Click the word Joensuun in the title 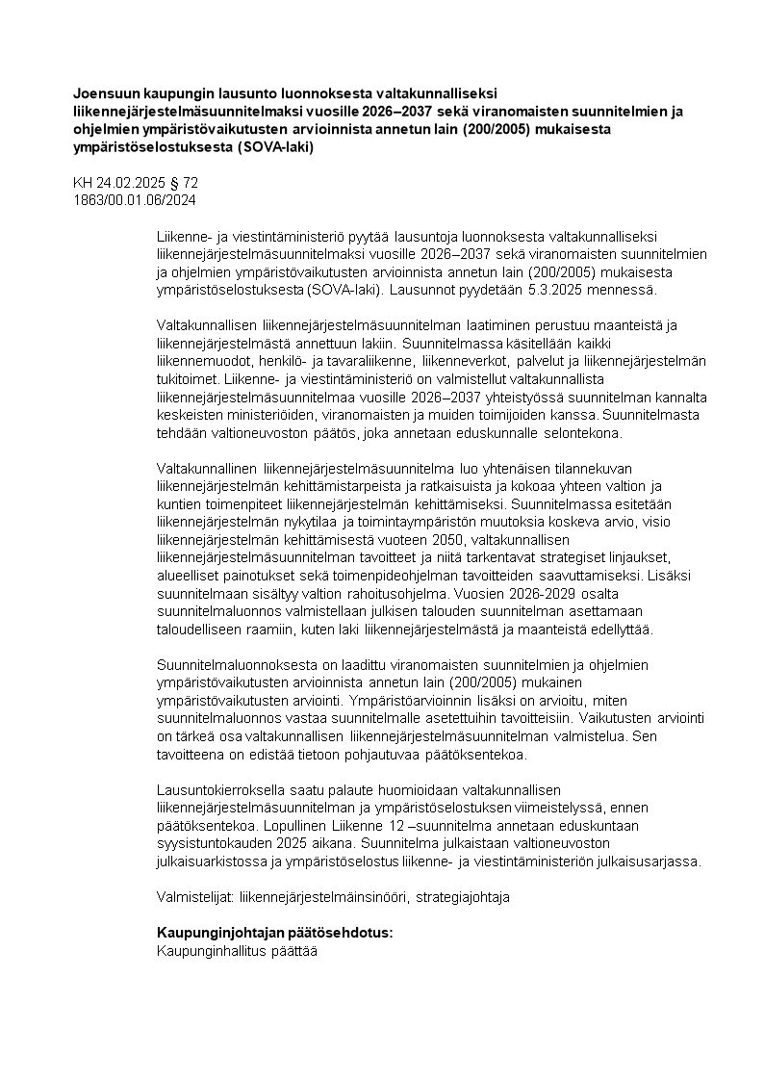104,93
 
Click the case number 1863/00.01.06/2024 135,199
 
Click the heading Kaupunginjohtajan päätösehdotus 275,933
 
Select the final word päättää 295,950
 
